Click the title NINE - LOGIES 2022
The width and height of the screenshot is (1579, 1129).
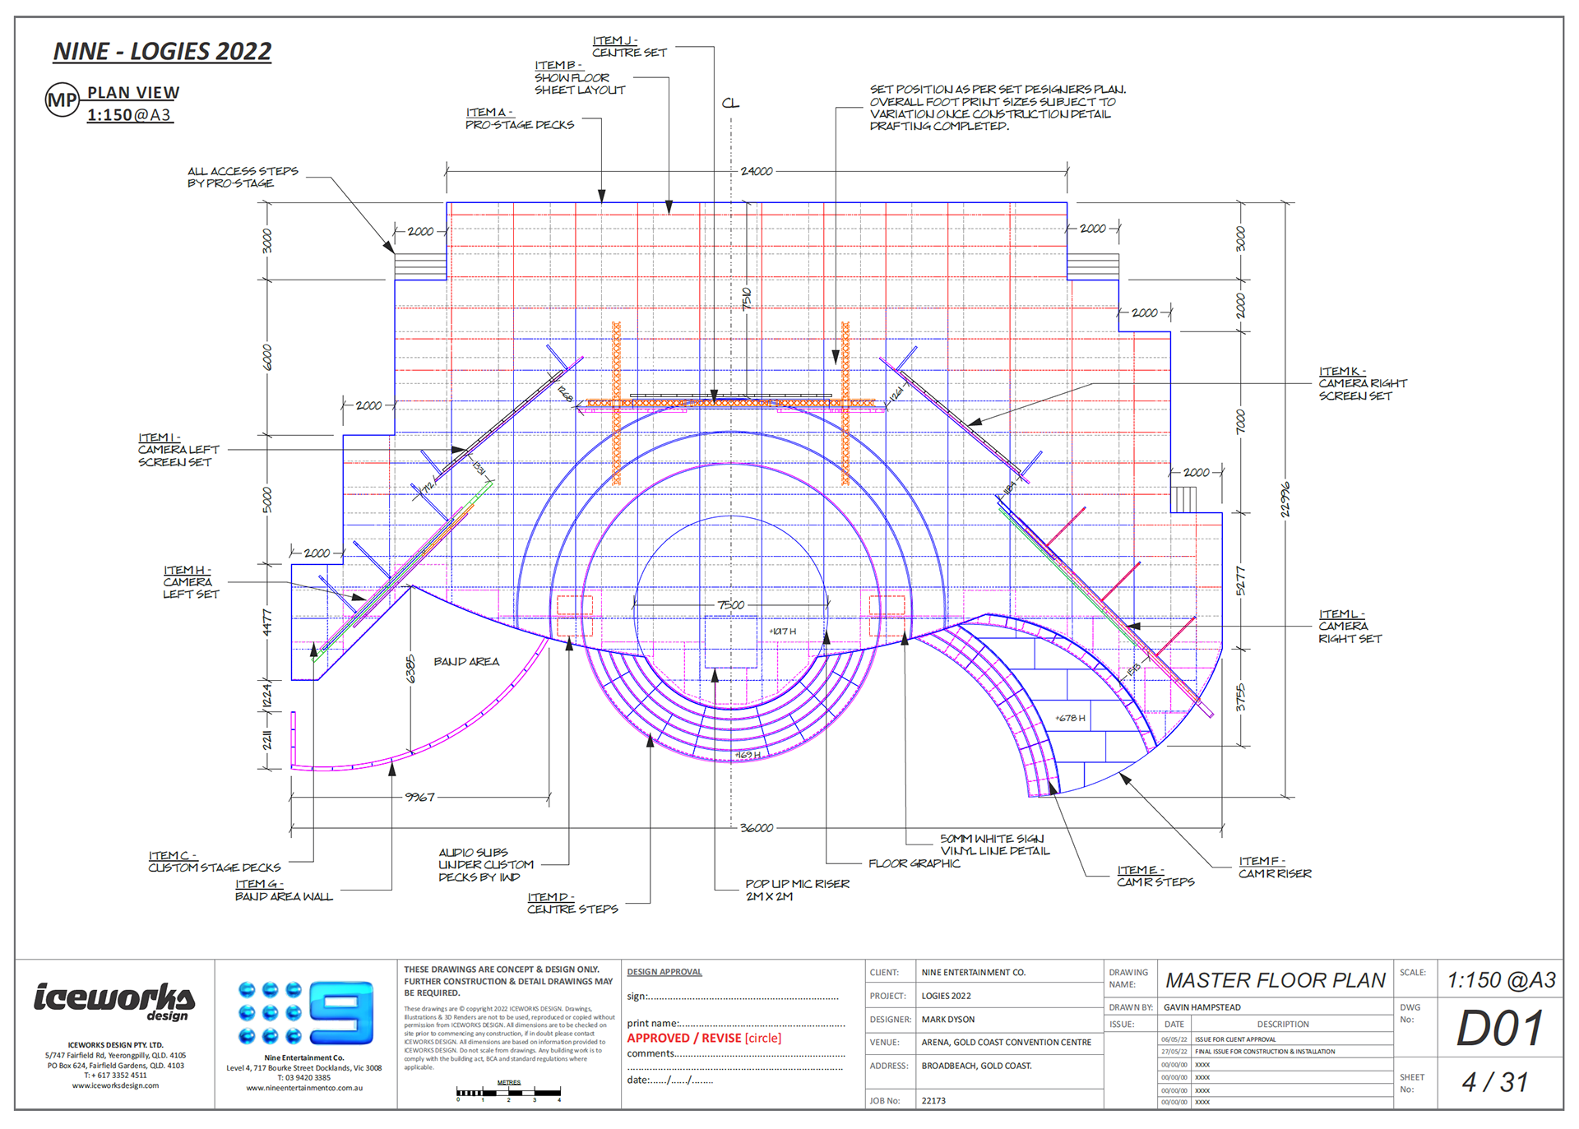tap(162, 52)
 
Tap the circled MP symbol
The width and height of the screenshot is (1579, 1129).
tap(62, 100)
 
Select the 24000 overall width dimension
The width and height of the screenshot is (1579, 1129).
tap(756, 171)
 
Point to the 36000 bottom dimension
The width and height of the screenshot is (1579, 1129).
tap(756, 827)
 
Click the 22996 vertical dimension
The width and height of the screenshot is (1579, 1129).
tap(1285, 499)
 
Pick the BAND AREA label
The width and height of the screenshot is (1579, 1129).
tap(466, 662)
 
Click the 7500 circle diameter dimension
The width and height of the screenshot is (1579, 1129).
tap(730, 605)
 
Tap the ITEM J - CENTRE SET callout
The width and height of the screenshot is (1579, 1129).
tap(629, 47)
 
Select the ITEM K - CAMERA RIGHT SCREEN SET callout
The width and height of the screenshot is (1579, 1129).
tap(1363, 383)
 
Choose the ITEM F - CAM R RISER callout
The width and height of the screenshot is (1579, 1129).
tap(1275, 868)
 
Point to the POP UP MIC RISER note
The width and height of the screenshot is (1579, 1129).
tap(797, 890)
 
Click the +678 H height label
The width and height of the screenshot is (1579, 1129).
tap(1070, 718)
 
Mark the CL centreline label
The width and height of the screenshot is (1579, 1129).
tap(730, 104)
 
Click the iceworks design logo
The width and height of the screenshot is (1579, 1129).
tap(114, 1001)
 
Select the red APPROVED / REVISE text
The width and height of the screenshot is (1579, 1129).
tap(704, 1039)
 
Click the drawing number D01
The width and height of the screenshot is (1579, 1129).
tap(1499, 1029)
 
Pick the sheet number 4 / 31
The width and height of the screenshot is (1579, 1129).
tap(1494, 1082)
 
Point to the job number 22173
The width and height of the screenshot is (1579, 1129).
tap(933, 1100)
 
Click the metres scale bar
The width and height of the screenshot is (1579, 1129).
tap(509, 1093)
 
